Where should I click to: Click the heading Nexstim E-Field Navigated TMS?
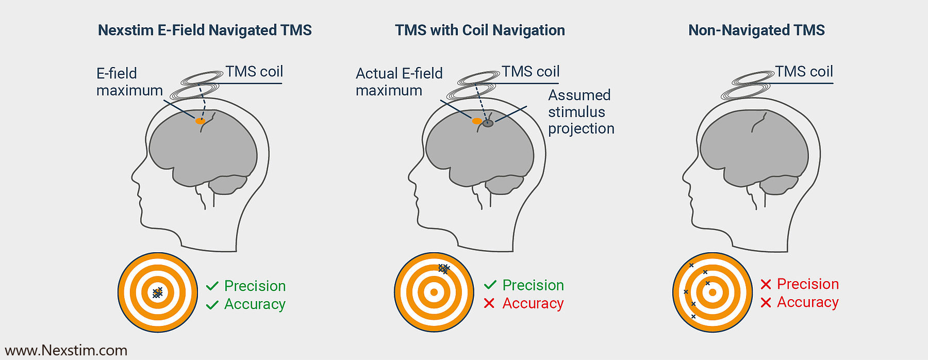pyautogui.click(x=205, y=30)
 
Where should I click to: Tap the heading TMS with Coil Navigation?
pyautogui.click(x=479, y=30)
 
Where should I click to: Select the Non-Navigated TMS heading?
pyautogui.click(x=756, y=30)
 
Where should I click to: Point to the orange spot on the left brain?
pyautogui.click(x=200, y=121)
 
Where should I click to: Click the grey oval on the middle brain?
pyautogui.click(x=488, y=123)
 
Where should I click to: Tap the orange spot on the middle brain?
pyautogui.click(x=477, y=121)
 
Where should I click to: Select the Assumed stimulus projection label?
pyautogui.click(x=581, y=112)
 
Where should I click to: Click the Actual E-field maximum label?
pyautogui.click(x=399, y=81)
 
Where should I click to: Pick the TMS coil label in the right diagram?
pyautogui.click(x=804, y=72)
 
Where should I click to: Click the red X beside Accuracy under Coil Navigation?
pyautogui.click(x=489, y=303)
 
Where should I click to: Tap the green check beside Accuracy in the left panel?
pyautogui.click(x=212, y=305)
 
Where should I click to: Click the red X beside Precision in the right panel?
pyautogui.click(x=766, y=284)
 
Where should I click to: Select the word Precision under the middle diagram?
pyautogui.click(x=533, y=285)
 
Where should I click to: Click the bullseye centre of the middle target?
pyautogui.click(x=434, y=292)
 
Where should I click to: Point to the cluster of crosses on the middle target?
pyautogui.click(x=443, y=268)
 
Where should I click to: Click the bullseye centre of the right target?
pyautogui.click(x=712, y=292)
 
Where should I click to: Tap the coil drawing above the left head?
pyautogui.click(x=196, y=85)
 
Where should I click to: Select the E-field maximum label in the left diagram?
pyautogui.click(x=129, y=81)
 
